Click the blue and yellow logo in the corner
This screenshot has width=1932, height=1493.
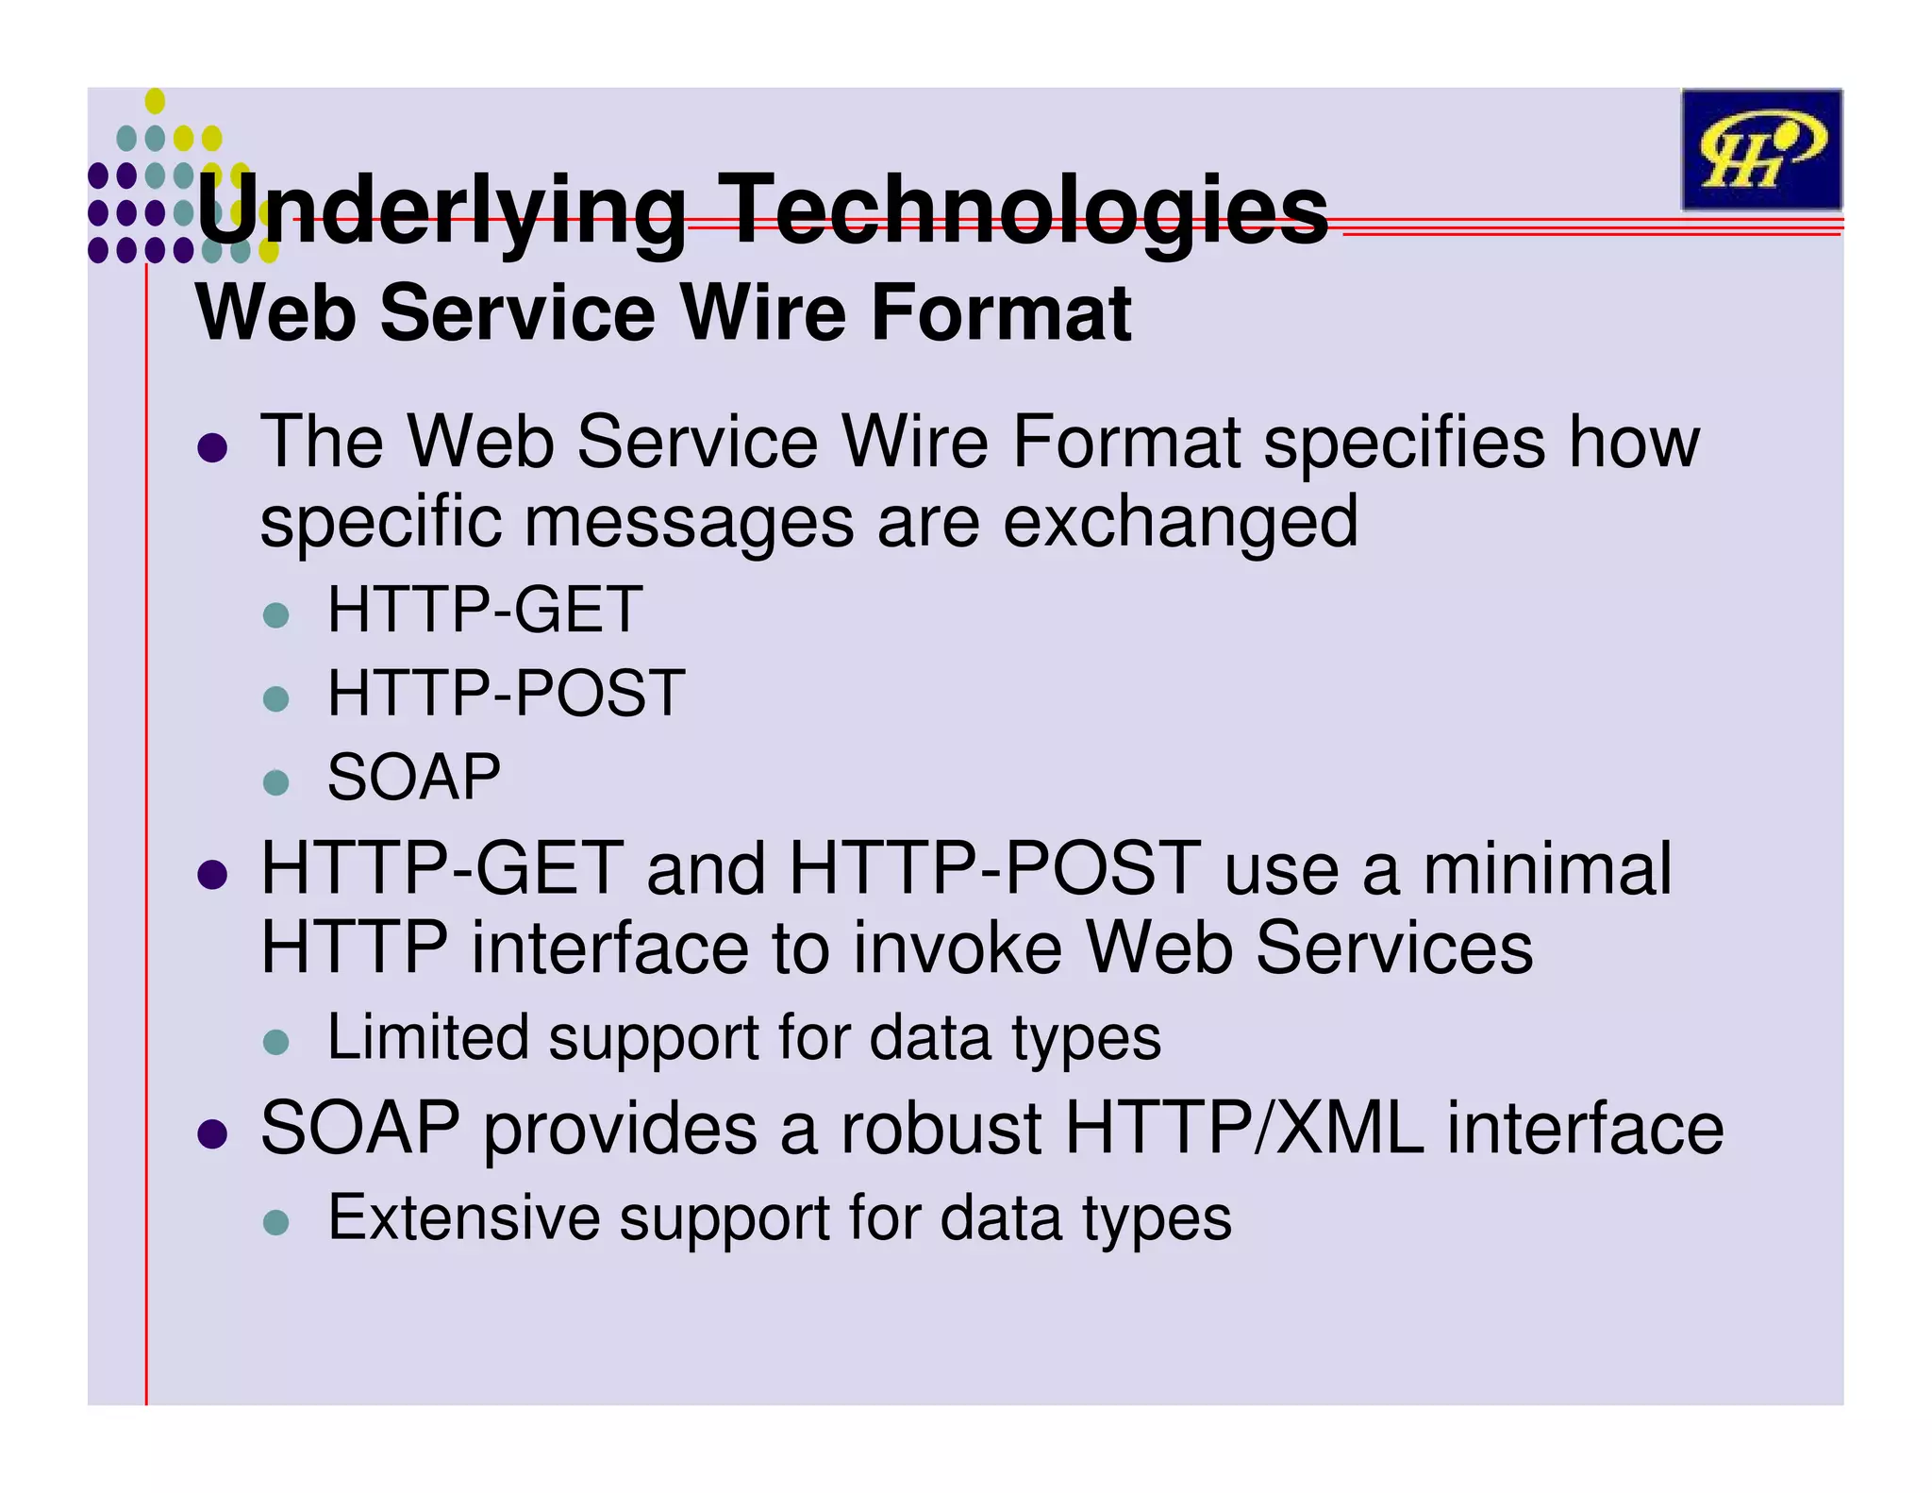coord(1760,149)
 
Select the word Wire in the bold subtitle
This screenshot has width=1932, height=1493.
coord(764,313)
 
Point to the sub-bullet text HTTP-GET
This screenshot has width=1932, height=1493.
coord(485,610)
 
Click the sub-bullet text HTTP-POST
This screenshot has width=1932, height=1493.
coord(506,694)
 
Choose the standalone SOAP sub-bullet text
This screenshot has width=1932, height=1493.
coord(413,778)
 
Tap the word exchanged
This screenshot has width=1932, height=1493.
coord(1179,521)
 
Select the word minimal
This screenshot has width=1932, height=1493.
coord(1547,868)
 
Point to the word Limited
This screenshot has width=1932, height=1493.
coord(426,1038)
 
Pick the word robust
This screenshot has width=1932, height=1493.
coord(941,1129)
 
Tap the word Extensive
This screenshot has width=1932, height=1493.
coord(463,1217)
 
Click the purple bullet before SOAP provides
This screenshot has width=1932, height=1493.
coord(213,1132)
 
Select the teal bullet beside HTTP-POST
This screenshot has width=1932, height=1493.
coord(275,699)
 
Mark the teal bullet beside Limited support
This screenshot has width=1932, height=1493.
coord(275,1043)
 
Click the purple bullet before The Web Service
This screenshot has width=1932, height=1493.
coord(213,447)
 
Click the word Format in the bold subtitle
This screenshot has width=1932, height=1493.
coord(1000,313)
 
